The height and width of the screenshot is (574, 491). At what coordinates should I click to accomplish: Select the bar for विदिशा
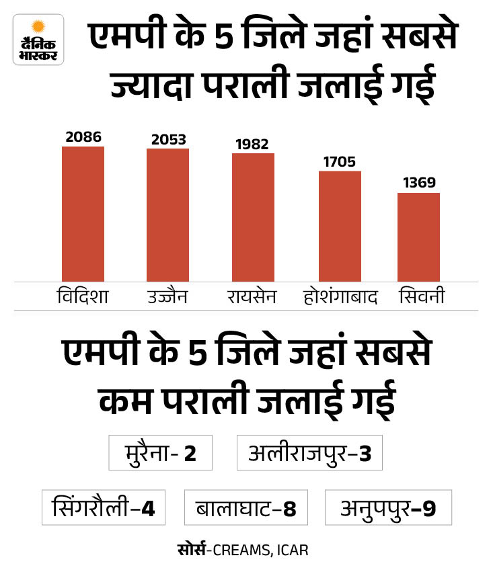(83, 214)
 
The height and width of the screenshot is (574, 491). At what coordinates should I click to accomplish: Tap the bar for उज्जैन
(167, 215)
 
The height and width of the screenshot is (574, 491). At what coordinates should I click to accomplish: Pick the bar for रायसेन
(253, 217)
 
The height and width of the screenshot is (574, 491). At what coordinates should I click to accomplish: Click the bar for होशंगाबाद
(340, 226)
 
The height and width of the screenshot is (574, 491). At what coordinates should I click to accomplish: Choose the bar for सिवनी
(418, 237)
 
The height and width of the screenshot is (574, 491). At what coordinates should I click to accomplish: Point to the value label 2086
(83, 137)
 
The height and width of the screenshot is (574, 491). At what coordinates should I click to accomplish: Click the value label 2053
(168, 140)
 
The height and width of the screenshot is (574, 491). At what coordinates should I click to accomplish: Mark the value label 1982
(253, 144)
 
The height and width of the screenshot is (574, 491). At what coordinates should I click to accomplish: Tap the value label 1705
(339, 162)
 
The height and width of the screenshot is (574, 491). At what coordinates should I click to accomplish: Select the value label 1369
(418, 183)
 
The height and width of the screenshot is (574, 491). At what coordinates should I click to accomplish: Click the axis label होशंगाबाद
(340, 296)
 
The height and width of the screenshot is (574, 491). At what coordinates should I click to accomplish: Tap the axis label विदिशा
(83, 296)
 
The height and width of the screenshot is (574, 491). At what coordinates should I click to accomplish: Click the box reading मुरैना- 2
(161, 453)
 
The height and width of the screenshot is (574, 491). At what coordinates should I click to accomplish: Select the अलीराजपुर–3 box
(309, 453)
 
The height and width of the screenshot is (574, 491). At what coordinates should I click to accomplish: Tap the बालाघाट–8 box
(246, 507)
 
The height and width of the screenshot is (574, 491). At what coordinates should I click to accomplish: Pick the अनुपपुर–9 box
(387, 507)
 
